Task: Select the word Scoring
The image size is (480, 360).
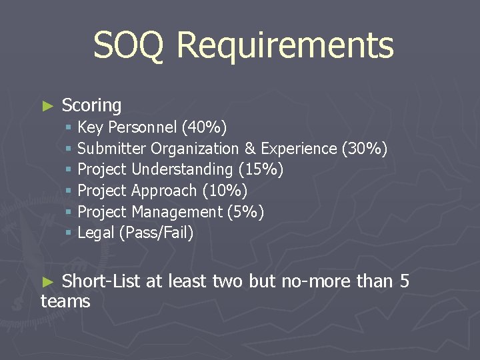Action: coord(91,105)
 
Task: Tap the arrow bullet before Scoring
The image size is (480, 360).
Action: coord(47,106)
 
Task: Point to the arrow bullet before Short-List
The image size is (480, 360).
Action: coord(47,282)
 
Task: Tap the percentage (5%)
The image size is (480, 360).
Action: coord(245,213)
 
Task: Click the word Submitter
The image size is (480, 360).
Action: coord(112,149)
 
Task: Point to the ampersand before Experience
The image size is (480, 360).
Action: coord(250,149)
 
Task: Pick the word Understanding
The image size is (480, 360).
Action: coord(182,170)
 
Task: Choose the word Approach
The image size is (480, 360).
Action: coord(164,191)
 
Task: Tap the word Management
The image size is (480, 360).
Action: coord(177,213)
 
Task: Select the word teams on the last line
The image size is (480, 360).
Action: coord(65,302)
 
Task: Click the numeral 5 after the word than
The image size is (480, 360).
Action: coord(404,281)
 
